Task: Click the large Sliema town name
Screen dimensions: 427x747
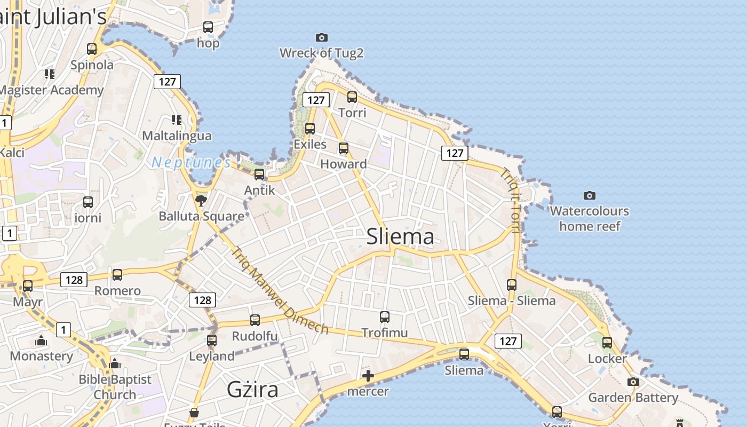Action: coord(400,236)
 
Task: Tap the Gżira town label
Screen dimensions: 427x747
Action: coord(252,389)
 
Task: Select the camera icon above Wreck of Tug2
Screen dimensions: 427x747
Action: coord(321,37)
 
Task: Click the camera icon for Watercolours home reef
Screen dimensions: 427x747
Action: coord(589,195)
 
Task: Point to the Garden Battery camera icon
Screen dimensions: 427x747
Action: coord(633,382)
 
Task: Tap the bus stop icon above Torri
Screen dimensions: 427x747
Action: coord(352,97)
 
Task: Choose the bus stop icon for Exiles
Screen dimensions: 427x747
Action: coord(310,128)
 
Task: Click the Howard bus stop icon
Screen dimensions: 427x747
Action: coord(344,148)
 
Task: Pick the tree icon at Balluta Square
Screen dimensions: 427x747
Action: coord(201,200)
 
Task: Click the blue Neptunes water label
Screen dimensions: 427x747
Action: coord(191,162)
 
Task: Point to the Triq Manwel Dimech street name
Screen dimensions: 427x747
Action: coord(280,290)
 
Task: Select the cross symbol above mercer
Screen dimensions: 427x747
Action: coord(368,376)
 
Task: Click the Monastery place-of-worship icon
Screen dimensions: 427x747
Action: coord(41,340)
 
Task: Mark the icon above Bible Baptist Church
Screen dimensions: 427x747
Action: coord(115,363)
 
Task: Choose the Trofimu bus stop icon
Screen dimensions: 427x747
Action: coord(385,317)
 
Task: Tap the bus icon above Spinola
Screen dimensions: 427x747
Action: coord(92,49)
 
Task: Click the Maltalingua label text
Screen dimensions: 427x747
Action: coord(177,136)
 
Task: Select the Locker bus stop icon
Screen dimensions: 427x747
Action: coord(607,342)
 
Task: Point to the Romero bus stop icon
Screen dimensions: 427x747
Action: coord(117,274)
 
